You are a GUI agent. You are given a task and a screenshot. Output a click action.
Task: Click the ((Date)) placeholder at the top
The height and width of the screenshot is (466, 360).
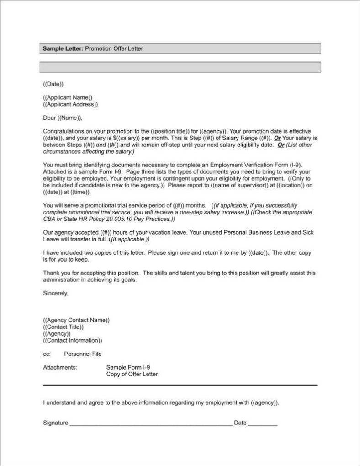tap(53, 84)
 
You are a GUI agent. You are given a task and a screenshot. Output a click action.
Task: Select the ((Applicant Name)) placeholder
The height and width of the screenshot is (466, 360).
tap(68, 97)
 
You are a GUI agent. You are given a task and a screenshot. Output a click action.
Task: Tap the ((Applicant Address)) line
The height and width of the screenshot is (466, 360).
tap(70, 104)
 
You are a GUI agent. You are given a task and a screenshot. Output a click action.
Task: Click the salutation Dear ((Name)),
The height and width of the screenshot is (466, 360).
tap(63, 118)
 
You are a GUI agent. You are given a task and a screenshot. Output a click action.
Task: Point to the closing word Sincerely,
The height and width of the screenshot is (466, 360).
tap(55, 293)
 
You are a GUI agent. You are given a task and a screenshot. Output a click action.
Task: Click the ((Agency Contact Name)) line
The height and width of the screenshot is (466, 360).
tap(76, 320)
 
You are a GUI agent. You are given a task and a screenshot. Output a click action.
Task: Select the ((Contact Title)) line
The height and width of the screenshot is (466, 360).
tap(64, 327)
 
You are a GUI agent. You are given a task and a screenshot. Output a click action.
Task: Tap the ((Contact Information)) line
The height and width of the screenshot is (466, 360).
tap(73, 340)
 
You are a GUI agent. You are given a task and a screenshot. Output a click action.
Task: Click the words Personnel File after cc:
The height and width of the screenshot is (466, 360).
tap(83, 354)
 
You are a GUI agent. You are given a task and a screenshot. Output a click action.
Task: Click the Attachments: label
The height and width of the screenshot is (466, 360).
tap(60, 367)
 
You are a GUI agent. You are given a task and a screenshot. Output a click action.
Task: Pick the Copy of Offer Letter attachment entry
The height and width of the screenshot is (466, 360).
tap(132, 374)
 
